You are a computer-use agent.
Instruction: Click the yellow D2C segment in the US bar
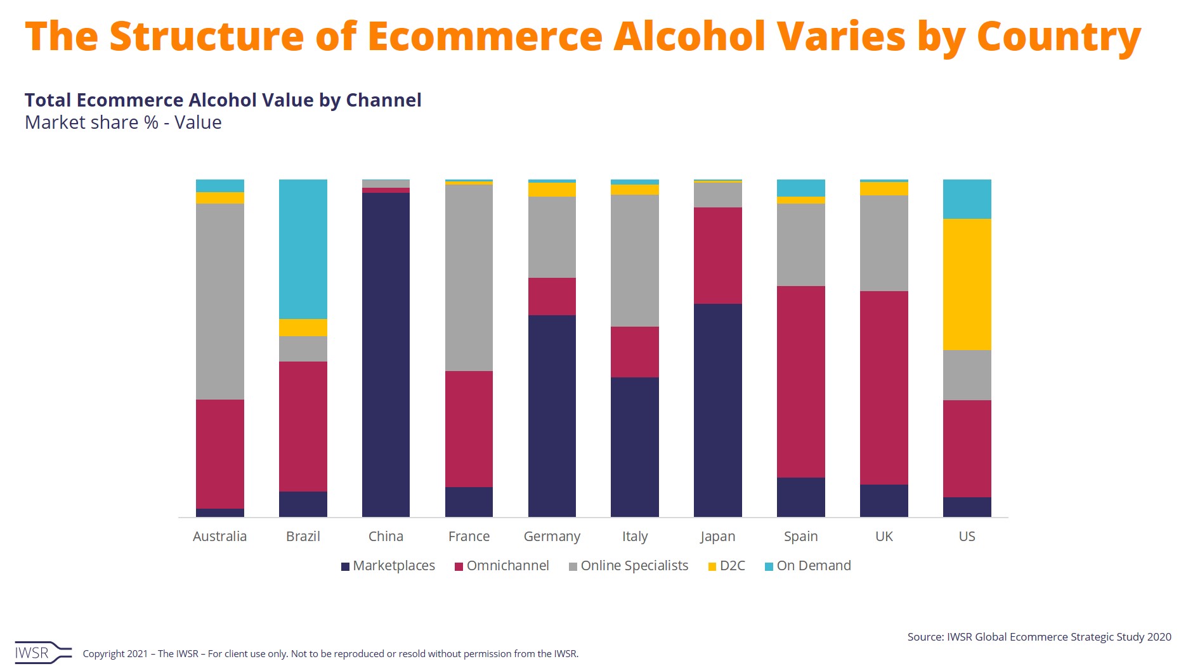pos(967,284)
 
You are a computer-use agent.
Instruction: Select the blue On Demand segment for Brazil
pos(303,249)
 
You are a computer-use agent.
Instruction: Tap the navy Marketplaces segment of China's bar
pos(386,355)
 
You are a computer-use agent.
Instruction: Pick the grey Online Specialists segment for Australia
pos(219,301)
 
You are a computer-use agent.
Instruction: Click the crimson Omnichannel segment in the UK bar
pos(884,388)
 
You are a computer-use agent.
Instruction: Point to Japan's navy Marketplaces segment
pos(717,410)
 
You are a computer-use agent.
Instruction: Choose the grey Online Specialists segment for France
pos(469,278)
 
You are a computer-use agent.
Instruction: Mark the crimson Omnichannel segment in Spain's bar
pos(800,381)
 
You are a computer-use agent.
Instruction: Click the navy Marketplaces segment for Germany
pos(552,415)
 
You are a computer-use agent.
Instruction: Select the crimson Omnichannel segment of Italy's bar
pos(634,352)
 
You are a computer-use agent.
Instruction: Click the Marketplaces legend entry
pos(388,566)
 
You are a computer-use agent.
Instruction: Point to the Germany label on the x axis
pos(552,537)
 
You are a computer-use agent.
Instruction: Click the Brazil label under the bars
pos(303,537)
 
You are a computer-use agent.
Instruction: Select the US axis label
pos(967,537)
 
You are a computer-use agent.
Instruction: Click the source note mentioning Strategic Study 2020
pos(1039,637)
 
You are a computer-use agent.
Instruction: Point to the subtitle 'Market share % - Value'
pos(123,122)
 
